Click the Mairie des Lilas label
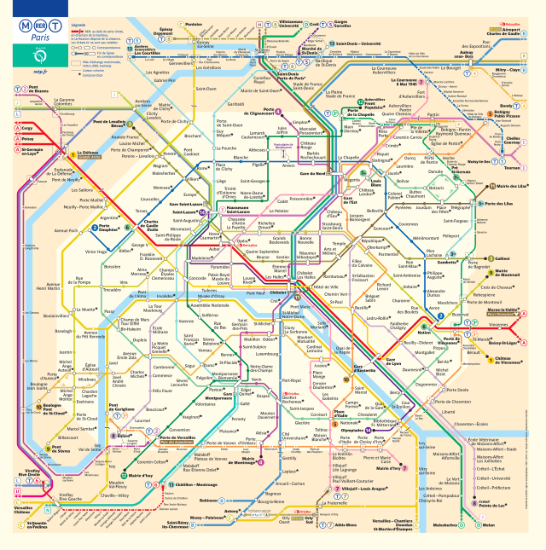(x=514, y=186)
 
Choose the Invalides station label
(x=166, y=296)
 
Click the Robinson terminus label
(x=208, y=501)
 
